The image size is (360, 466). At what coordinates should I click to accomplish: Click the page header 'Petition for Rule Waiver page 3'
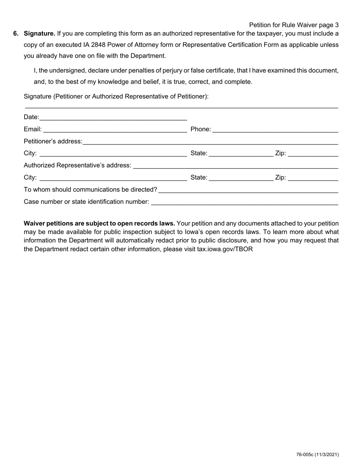pos(294,25)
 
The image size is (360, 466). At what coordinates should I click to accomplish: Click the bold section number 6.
pos(16,33)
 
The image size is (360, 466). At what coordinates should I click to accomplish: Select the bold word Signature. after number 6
pos(39,33)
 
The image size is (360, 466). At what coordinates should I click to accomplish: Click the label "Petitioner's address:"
pos(53,141)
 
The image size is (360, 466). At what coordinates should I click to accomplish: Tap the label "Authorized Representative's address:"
pos(78,166)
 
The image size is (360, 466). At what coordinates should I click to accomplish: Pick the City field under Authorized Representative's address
pos(113,179)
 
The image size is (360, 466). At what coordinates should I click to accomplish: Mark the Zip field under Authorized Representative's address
pos(313,179)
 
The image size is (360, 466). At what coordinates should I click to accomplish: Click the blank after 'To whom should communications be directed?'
pos(248,191)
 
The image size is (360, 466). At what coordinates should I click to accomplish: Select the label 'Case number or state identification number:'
pos(86,202)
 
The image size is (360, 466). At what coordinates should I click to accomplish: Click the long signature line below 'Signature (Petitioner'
pos(181,108)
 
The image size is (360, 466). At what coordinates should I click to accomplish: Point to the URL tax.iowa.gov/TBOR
pos(225,249)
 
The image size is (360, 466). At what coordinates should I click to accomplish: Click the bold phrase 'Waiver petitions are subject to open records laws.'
pos(99,223)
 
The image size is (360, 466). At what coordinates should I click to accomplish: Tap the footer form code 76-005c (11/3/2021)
pos(318,455)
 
